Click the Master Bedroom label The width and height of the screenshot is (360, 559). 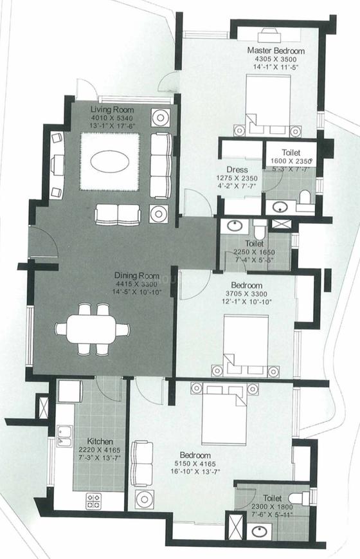click(276, 51)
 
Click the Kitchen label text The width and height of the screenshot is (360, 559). click(100, 442)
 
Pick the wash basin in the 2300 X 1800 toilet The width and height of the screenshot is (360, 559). click(260, 532)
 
